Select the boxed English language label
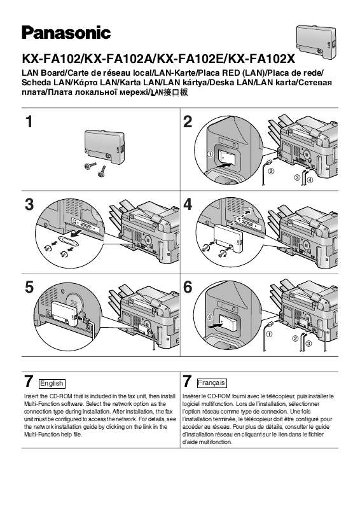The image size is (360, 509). pos(52,384)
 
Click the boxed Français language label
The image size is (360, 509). pos(208,384)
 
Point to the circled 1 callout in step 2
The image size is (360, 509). pos(210,153)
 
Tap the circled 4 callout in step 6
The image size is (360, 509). pos(209,317)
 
